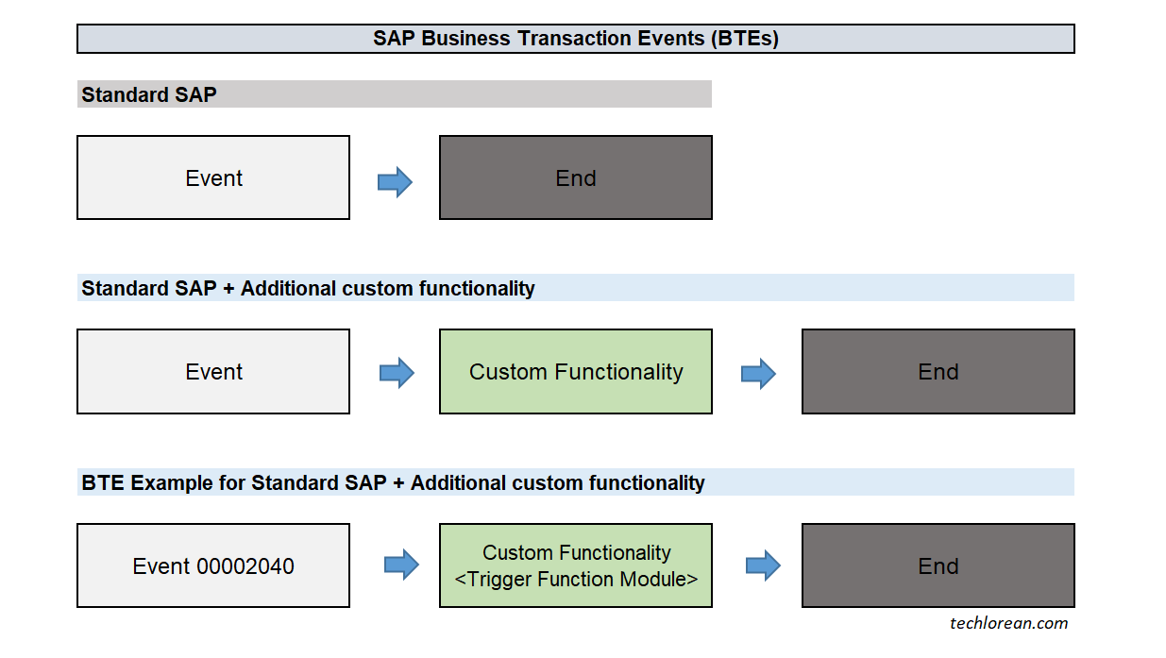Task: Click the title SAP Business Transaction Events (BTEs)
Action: tap(575, 39)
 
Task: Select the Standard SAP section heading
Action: tap(148, 94)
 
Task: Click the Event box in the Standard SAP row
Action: tap(213, 177)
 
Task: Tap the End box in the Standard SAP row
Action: tap(575, 177)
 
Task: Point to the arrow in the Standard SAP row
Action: tap(395, 181)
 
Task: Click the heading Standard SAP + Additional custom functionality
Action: tap(308, 288)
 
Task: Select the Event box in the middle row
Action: tap(213, 371)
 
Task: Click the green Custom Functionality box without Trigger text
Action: tap(575, 371)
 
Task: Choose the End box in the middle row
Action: tap(938, 371)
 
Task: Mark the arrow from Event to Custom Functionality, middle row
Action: tap(397, 373)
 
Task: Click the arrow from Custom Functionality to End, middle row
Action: tap(758, 374)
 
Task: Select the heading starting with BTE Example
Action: tap(393, 482)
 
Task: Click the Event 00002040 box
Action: tap(213, 565)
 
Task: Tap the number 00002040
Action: tap(245, 566)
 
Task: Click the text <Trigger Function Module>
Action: tap(576, 579)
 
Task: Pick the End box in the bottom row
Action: tap(938, 565)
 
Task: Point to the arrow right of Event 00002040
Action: tap(401, 565)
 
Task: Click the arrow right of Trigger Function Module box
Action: tap(763, 565)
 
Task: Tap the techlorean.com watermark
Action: tap(1008, 622)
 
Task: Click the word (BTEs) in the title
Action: tap(742, 39)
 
